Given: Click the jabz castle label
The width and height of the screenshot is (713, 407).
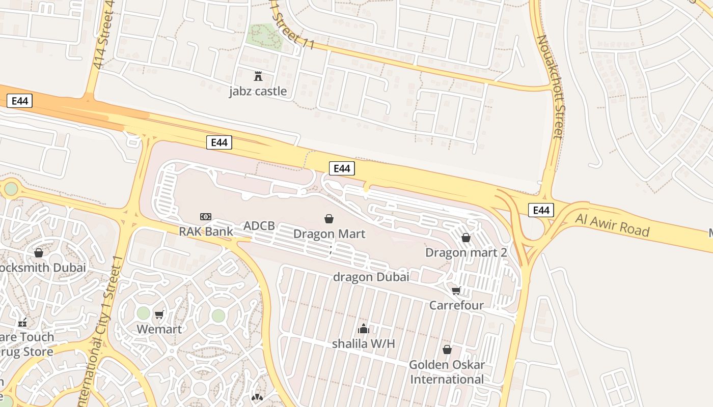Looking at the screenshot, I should [258, 92].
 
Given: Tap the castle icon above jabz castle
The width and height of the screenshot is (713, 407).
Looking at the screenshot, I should [258, 76].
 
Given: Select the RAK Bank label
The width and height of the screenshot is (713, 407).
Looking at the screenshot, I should [206, 231].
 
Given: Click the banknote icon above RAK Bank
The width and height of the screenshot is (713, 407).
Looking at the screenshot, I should [206, 217].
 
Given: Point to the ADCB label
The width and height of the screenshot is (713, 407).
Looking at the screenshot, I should [259, 226].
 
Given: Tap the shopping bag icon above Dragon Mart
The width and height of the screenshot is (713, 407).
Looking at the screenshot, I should [329, 219].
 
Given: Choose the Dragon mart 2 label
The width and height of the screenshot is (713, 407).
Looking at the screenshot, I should [466, 252].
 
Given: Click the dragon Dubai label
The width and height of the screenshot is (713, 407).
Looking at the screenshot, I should [371, 277].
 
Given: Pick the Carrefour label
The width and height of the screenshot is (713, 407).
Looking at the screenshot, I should [456, 305].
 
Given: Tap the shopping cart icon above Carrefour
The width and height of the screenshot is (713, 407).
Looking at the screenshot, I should [456, 290].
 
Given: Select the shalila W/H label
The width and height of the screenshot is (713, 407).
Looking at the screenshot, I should [364, 343].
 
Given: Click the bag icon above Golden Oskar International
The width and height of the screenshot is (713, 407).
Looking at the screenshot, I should [447, 350].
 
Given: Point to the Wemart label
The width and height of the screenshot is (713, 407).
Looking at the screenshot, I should [159, 329].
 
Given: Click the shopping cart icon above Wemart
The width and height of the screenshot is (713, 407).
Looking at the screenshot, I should [159, 314].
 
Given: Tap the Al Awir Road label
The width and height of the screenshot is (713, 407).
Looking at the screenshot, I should [613, 225].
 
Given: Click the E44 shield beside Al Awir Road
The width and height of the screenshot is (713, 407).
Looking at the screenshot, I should [541, 210].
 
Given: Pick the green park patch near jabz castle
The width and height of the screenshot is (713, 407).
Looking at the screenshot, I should [264, 37].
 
